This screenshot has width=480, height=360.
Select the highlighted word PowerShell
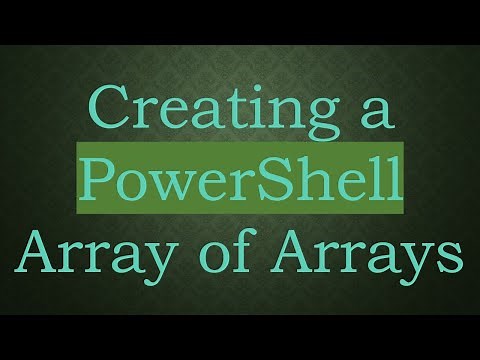pos(241,181)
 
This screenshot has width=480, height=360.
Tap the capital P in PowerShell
pos(98,181)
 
